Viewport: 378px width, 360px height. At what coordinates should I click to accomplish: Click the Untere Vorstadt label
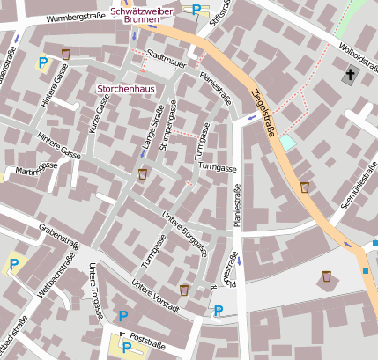click(x=155, y=296)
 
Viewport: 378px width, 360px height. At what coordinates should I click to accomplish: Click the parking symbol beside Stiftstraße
click(x=196, y=10)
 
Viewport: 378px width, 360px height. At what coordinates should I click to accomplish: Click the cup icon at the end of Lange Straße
click(x=143, y=174)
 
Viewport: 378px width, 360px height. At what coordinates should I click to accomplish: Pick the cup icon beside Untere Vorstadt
click(x=184, y=290)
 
